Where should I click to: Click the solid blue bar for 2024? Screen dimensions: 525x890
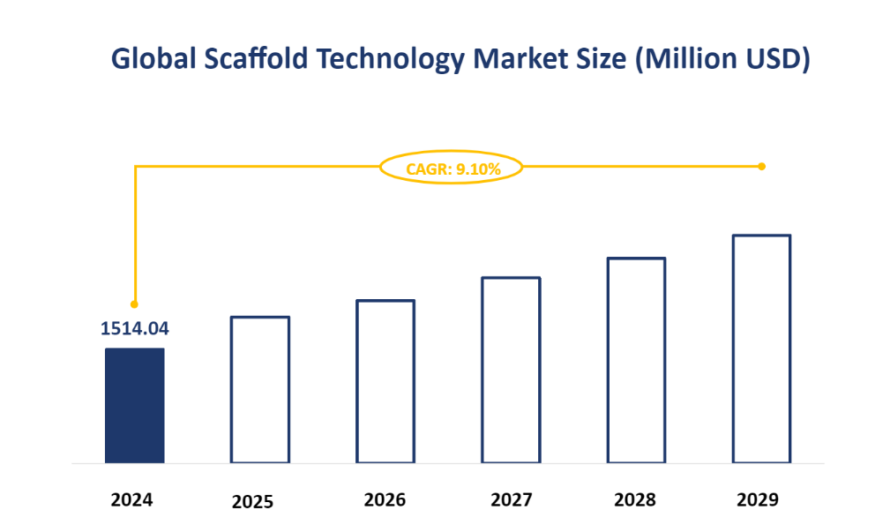click(x=134, y=405)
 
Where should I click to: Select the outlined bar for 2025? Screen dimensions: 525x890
click(x=259, y=389)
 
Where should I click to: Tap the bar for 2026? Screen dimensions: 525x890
click(x=385, y=381)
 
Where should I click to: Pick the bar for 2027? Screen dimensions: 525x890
click(x=511, y=370)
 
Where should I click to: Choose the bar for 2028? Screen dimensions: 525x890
click(x=636, y=360)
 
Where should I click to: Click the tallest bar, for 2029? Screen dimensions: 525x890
click(x=761, y=349)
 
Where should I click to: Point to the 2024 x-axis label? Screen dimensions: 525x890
click(x=132, y=499)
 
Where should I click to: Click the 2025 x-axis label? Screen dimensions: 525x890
click(x=252, y=502)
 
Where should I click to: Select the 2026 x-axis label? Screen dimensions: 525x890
click(x=385, y=499)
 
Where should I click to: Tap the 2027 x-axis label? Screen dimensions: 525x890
click(x=511, y=499)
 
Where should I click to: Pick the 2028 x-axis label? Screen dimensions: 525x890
click(x=635, y=499)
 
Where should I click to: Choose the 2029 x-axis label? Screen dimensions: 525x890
click(x=758, y=499)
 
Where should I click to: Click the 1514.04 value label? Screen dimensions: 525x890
click(x=134, y=329)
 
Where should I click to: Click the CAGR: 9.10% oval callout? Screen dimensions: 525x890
click(x=452, y=167)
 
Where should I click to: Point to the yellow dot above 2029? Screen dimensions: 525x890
click(x=761, y=166)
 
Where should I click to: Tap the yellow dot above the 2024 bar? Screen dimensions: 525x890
click(x=134, y=303)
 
